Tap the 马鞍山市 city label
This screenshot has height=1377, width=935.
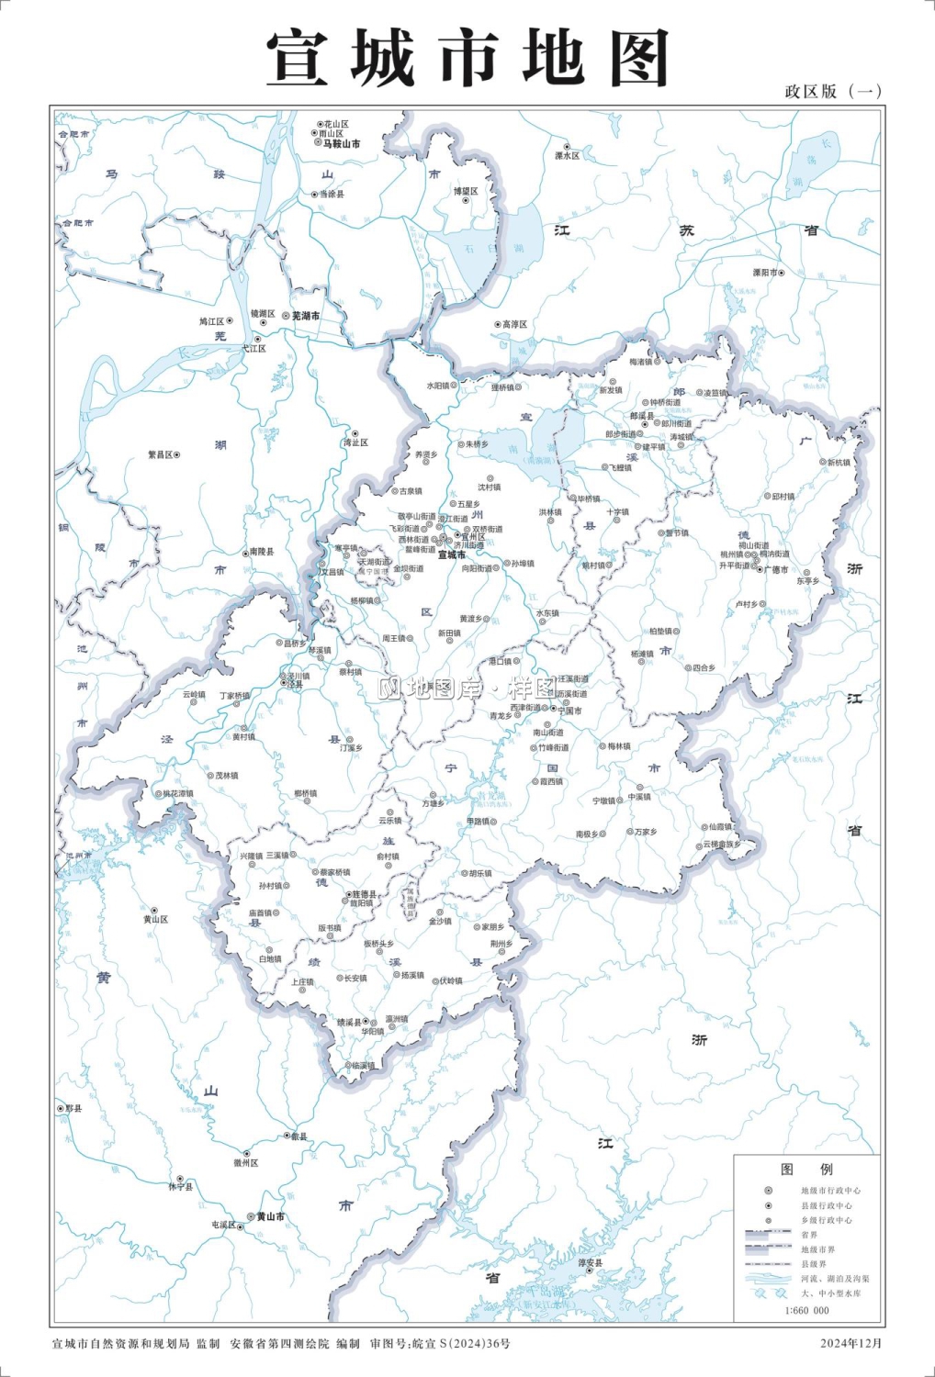tap(341, 144)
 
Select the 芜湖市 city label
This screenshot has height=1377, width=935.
tap(306, 316)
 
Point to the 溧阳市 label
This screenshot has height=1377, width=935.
tap(765, 273)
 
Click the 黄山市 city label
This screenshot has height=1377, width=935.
tap(270, 1217)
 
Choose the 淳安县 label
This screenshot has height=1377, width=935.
tap(591, 1263)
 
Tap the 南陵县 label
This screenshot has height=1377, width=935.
tap(261, 553)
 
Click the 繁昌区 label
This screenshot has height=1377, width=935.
tap(161, 454)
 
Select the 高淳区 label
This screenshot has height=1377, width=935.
tap(514, 324)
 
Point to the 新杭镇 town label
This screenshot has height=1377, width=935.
tap(839, 463)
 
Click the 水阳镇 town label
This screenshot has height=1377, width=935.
tap(437, 386)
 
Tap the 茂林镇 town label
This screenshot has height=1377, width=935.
tap(226, 776)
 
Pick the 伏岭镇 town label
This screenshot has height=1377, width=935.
tap(450, 980)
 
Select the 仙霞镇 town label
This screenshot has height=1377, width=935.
tap(720, 827)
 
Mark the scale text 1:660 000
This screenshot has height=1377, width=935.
tap(806, 1310)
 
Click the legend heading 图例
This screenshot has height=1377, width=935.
tap(806, 1170)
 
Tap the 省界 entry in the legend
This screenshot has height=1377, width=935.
tap(808, 1235)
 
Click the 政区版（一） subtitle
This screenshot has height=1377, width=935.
tap(833, 91)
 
